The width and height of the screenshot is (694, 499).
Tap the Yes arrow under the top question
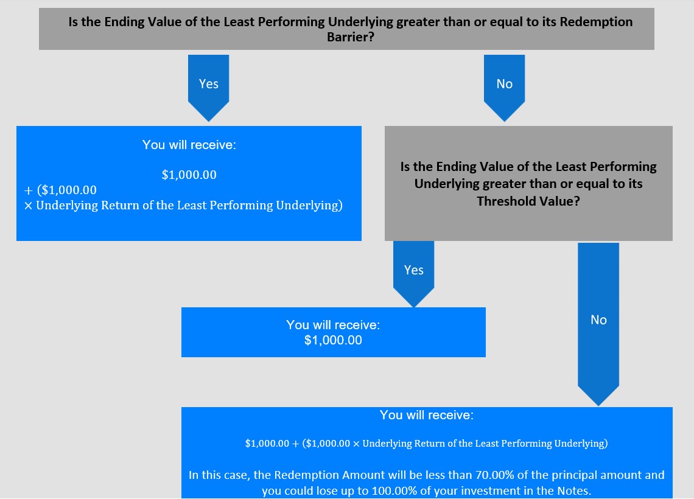pyautogui.click(x=208, y=88)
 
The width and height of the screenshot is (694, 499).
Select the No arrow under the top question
pyautogui.click(x=504, y=88)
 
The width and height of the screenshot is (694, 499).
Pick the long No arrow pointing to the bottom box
pyautogui.click(x=598, y=324)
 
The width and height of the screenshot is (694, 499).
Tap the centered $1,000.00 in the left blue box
pyautogui.click(x=189, y=175)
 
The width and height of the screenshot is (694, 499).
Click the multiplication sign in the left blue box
pyautogui.click(x=29, y=206)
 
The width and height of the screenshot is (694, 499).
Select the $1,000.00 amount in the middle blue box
pyautogui.click(x=333, y=340)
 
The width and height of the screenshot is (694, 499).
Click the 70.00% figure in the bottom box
pyautogui.click(x=494, y=475)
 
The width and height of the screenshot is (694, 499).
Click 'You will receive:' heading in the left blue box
pyautogui.click(x=189, y=145)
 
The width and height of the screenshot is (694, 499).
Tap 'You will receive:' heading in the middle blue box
pyautogui.click(x=333, y=325)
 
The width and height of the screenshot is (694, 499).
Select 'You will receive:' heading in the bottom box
pyautogui.click(x=427, y=415)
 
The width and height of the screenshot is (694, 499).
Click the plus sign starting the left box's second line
pyautogui.click(x=29, y=190)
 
